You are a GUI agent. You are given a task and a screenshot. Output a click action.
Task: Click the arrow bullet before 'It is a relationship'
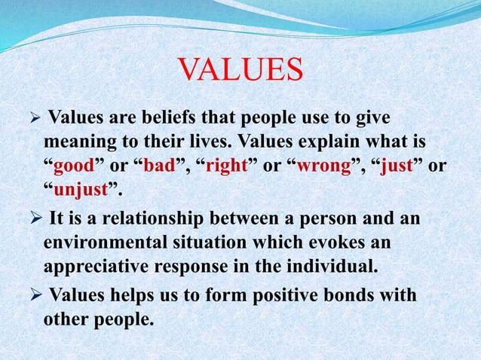coord(34,220)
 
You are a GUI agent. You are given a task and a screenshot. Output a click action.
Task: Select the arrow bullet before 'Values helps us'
coord(34,295)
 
